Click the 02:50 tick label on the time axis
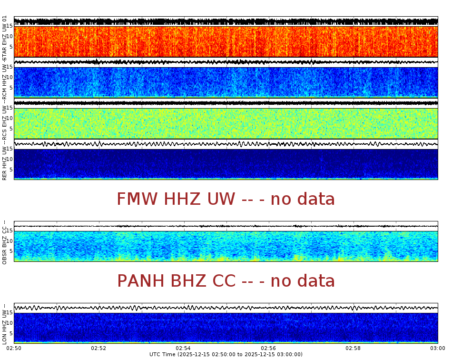pos(14,349)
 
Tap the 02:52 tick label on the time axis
pos(99,349)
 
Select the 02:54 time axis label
pos(184,349)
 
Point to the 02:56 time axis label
pos(268,349)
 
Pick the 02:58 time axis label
pos(353,349)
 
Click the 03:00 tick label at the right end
pos(437,349)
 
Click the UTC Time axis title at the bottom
pos(226,354)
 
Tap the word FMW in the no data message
pos(138,199)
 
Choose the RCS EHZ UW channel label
pos(5,121)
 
